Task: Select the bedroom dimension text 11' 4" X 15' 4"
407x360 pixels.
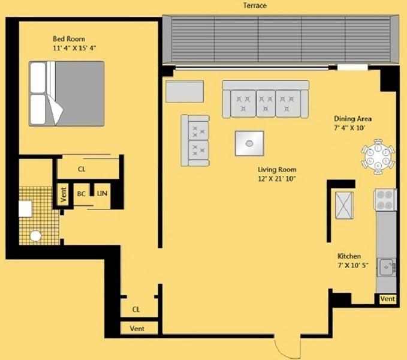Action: (x=76, y=49)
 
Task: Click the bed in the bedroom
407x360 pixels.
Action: (x=67, y=93)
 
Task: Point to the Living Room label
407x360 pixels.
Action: (x=277, y=170)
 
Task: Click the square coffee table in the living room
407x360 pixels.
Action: (x=249, y=143)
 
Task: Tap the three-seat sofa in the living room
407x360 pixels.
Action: (x=265, y=99)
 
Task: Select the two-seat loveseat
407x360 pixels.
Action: (x=196, y=140)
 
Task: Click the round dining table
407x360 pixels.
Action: (x=378, y=157)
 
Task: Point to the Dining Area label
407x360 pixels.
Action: (x=353, y=119)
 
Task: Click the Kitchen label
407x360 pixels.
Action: (x=349, y=256)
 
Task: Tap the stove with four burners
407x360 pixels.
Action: (x=385, y=200)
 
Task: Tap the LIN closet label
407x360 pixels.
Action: (x=102, y=194)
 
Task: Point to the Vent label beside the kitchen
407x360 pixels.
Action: (x=387, y=299)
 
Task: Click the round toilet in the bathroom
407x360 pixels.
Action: (x=36, y=236)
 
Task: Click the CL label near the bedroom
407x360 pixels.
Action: (x=82, y=169)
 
